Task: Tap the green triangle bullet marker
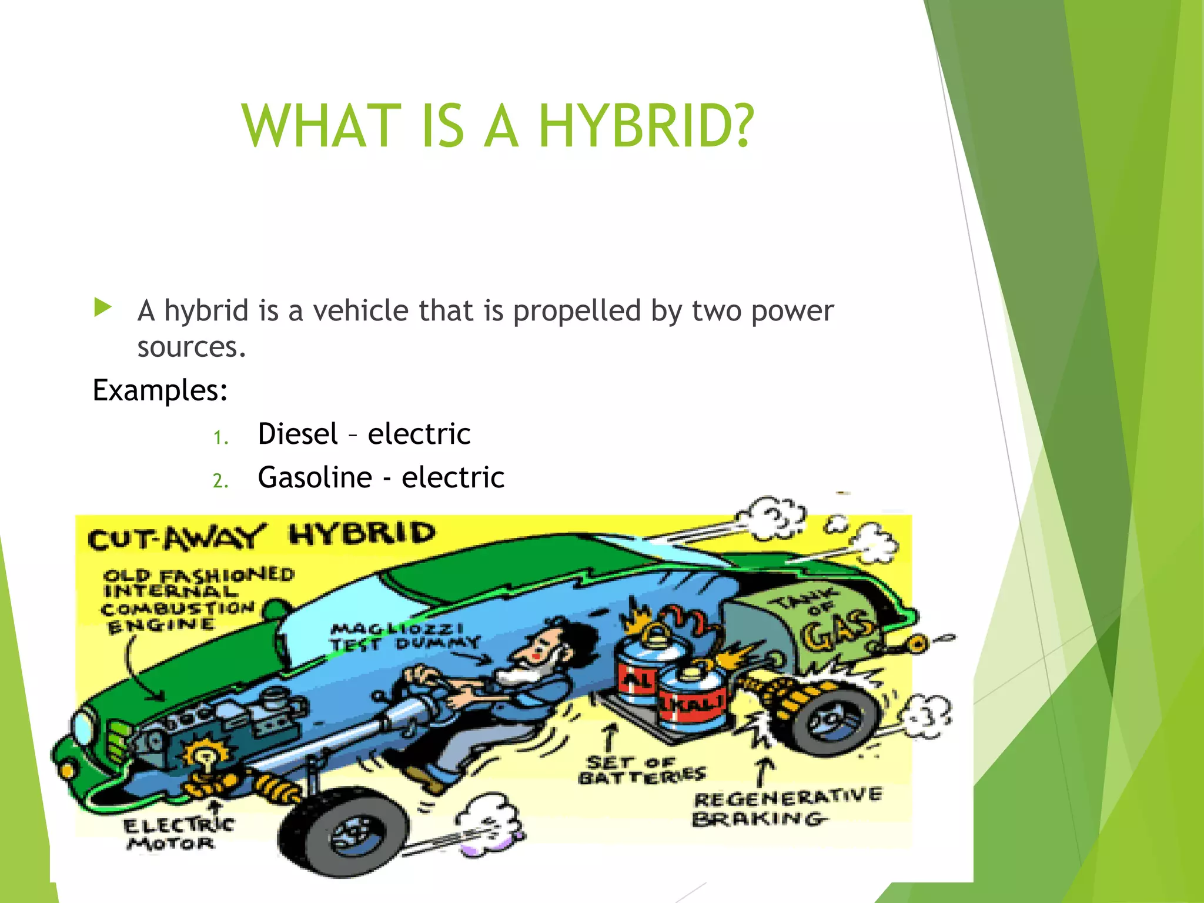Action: tap(102, 307)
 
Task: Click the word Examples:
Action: tap(160, 390)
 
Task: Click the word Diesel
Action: tap(297, 434)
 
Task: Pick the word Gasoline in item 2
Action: tap(315, 477)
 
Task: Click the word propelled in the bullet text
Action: tap(576, 310)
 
